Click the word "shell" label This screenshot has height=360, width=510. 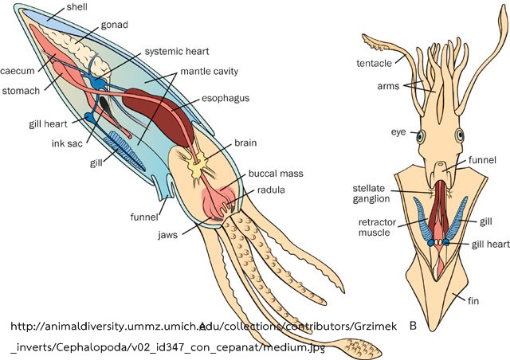76,7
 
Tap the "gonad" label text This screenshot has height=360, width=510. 114,25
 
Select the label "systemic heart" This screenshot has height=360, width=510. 177,52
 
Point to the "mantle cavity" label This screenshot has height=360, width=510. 209,72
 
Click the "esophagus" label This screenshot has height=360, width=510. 226,99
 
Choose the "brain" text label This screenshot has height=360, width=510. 245,143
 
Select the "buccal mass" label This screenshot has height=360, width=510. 276,174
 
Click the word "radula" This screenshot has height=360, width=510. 271,190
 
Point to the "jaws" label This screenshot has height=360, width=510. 168,235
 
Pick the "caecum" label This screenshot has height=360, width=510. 18,71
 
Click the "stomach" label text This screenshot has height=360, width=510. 21,91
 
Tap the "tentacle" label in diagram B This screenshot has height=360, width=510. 374,63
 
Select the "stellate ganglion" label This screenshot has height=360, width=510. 371,194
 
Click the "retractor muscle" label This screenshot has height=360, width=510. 377,227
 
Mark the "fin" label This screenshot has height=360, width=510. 473,301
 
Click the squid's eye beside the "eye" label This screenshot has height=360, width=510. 421,136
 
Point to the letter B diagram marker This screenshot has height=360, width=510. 413,326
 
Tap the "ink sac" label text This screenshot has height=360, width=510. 67,143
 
